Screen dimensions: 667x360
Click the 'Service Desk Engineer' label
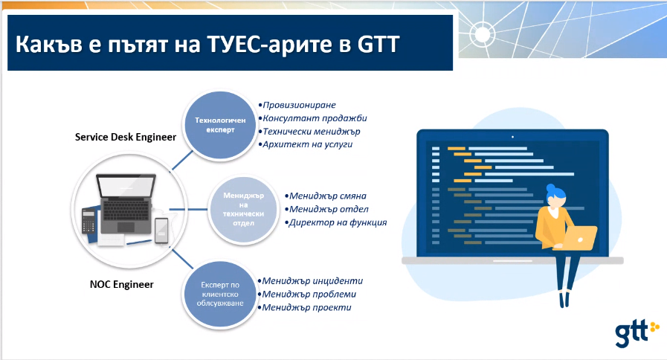point(126,137)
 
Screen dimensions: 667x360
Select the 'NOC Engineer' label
point(122,284)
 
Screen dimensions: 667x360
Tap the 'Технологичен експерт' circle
point(220,125)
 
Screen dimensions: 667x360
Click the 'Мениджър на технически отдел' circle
point(243,209)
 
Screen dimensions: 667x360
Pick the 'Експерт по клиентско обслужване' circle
point(220,294)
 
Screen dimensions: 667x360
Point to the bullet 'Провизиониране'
point(297,105)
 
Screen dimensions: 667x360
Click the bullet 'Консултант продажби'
point(312,118)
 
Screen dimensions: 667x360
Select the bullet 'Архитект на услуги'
point(306,145)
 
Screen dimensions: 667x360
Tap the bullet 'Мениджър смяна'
point(326,196)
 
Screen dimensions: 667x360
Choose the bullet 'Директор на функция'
point(335,222)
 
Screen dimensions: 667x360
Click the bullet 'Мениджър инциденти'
point(310,281)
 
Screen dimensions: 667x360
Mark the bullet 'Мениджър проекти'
point(305,307)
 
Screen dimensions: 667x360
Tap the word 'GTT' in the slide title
point(378,44)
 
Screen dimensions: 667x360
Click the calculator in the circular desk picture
point(88,221)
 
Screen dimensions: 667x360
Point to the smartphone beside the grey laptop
point(161,231)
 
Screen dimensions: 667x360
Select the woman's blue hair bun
point(551,187)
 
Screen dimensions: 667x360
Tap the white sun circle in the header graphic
point(483,33)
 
